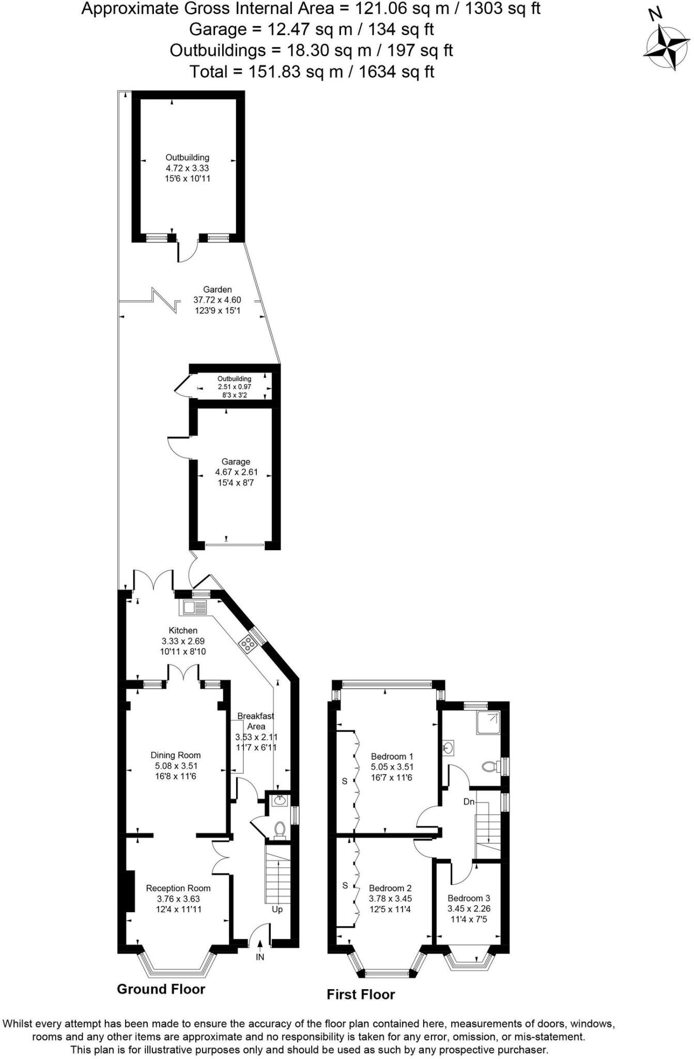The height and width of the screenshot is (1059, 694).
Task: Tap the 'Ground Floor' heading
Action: click(x=161, y=989)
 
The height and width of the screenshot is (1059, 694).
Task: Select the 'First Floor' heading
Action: click(x=361, y=994)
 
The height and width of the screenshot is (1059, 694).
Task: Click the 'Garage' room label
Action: click(x=236, y=462)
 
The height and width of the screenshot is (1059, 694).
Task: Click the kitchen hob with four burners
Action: click(x=248, y=644)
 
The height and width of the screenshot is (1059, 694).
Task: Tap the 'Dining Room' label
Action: click(x=176, y=755)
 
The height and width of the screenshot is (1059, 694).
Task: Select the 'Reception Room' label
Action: click(x=178, y=888)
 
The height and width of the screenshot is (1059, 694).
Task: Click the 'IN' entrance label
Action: click(x=260, y=957)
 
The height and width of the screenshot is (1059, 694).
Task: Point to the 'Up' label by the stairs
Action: click(x=277, y=910)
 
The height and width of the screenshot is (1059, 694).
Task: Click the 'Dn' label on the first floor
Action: click(x=469, y=802)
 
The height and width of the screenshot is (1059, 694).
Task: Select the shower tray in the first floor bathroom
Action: click(x=488, y=723)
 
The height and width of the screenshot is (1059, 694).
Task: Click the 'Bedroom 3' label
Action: click(x=469, y=898)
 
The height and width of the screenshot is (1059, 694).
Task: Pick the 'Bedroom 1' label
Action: click(x=392, y=757)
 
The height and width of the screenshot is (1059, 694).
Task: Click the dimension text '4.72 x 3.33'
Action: click(x=187, y=168)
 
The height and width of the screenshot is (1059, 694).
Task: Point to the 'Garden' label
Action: click(x=217, y=290)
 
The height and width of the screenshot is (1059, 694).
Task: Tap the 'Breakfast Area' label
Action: click(x=256, y=721)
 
